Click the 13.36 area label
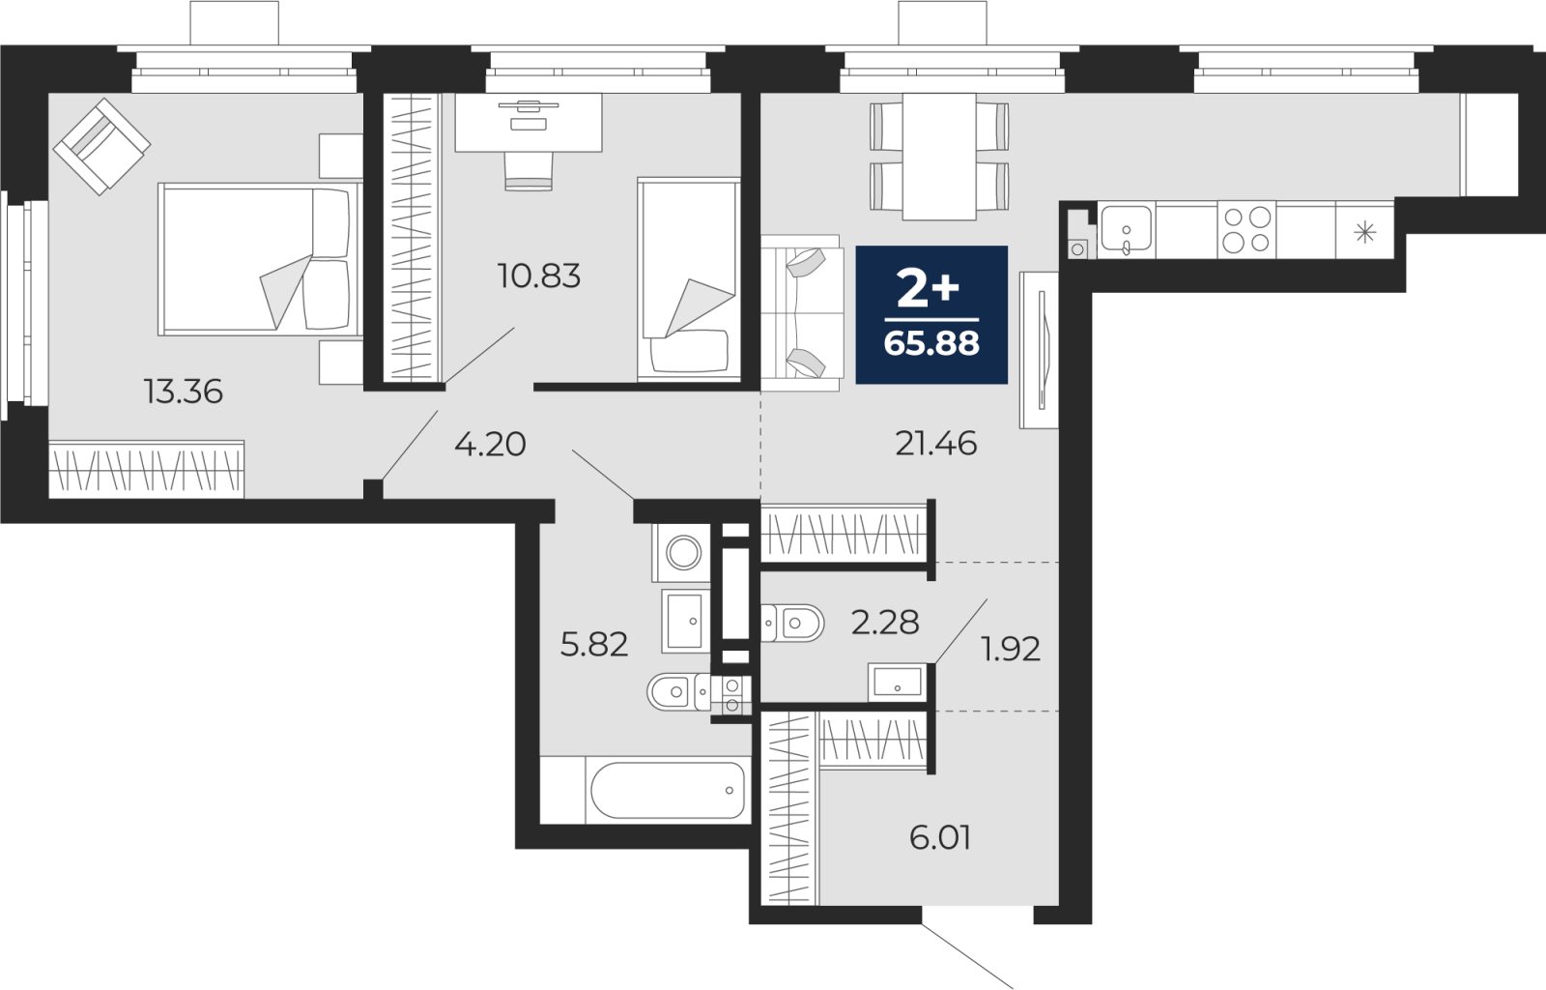click(x=184, y=392)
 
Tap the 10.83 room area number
click(x=539, y=277)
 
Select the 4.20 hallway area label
click(x=490, y=444)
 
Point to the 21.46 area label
click(x=936, y=443)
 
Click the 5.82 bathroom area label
click(x=594, y=645)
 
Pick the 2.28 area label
click(x=885, y=623)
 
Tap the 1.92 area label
click(x=1011, y=650)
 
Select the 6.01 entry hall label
click(x=940, y=838)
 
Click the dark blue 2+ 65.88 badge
click(x=931, y=315)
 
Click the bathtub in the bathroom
click(x=668, y=790)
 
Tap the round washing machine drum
click(x=683, y=553)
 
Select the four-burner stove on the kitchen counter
click(x=1247, y=230)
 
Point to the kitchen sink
click(x=1126, y=229)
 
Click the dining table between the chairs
click(x=939, y=157)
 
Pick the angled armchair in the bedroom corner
click(x=102, y=147)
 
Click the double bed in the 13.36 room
click(x=260, y=259)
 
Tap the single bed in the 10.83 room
click(x=689, y=278)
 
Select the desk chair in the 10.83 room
click(x=529, y=170)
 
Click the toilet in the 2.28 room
click(x=793, y=624)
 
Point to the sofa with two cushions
click(x=802, y=313)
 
